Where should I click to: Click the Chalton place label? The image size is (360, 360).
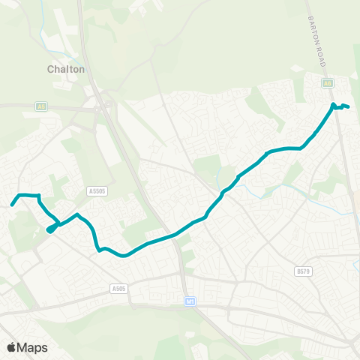pos(67,69)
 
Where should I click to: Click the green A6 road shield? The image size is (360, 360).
pos(328,83)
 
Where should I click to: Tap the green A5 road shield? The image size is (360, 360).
pos(40,107)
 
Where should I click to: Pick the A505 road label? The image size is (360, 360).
pos(118,288)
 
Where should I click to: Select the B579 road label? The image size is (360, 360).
pos(303,271)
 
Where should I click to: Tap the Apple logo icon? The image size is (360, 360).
pos(11,347)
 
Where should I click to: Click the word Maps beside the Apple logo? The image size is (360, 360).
pos(32,347)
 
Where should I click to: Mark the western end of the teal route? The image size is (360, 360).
pos(12,204)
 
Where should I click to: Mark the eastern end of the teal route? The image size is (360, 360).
pos(349,106)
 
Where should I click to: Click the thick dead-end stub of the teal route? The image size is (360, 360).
pos(51,229)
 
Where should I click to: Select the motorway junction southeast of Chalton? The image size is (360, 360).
pos(107,105)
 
